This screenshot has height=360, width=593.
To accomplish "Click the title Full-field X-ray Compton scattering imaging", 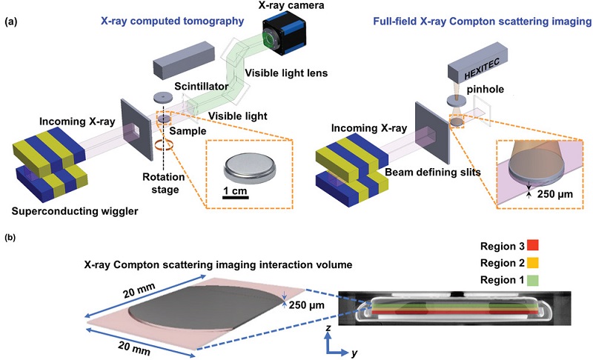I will pyautogui.click(x=483, y=22).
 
